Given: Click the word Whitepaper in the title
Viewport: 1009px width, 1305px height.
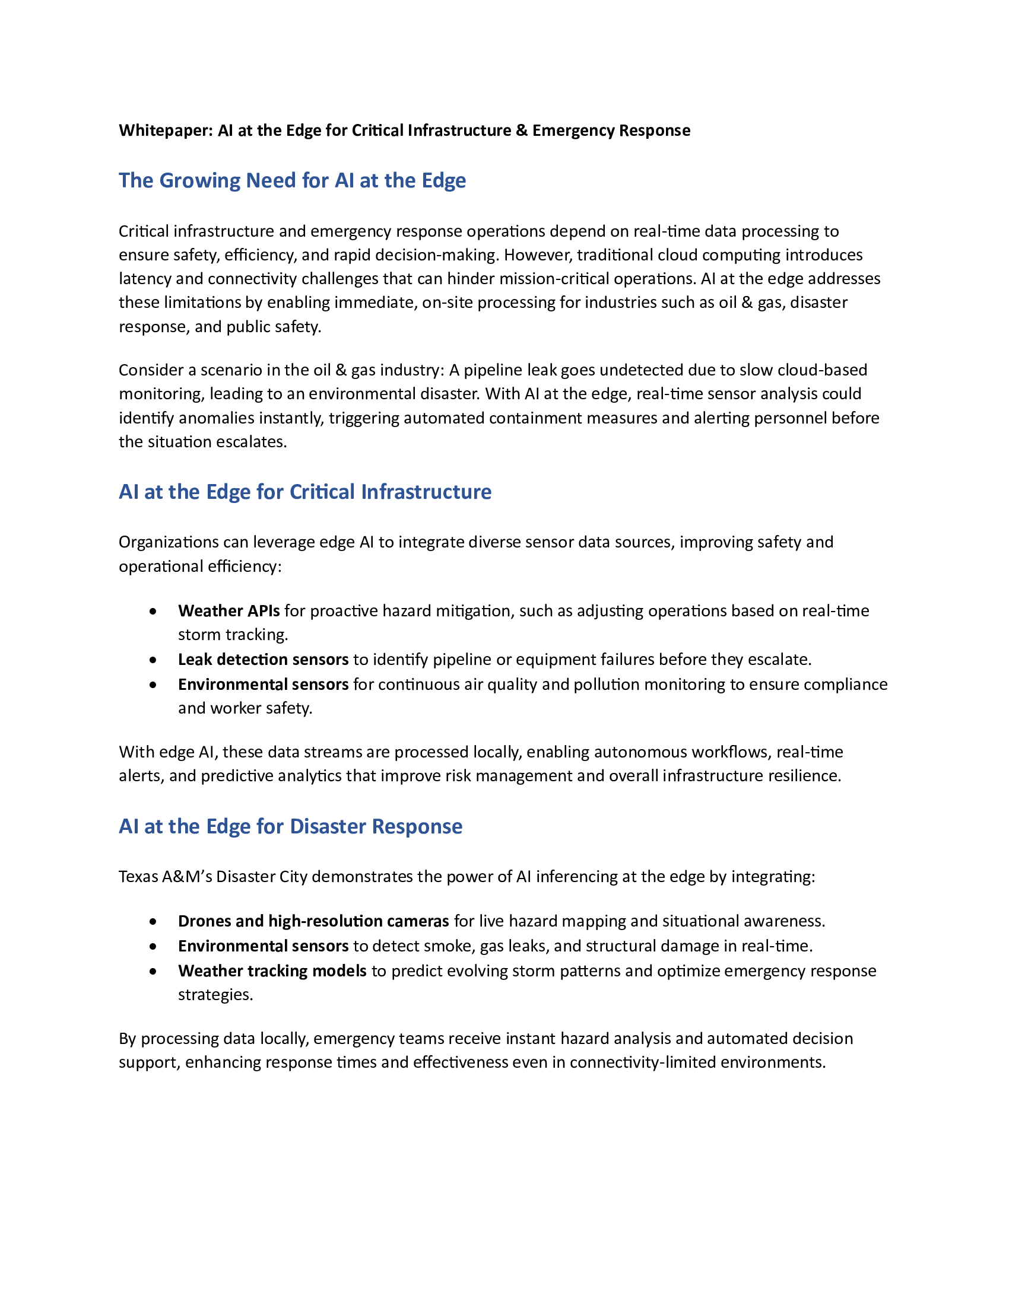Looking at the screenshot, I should pyautogui.click(x=165, y=130).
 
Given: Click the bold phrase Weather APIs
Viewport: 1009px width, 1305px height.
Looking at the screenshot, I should pyautogui.click(x=229, y=610).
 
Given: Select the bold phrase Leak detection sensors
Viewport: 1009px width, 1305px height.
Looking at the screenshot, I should pyautogui.click(x=263, y=659).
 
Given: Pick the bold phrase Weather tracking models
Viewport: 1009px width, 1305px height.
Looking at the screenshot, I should pyautogui.click(x=272, y=970).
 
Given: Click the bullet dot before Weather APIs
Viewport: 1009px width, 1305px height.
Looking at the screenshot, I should pyautogui.click(x=154, y=611).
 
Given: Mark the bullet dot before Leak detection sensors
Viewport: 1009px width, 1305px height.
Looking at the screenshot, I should pyautogui.click(x=154, y=660).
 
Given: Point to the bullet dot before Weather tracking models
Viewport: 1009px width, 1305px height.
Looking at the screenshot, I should pyautogui.click(x=154, y=971).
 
